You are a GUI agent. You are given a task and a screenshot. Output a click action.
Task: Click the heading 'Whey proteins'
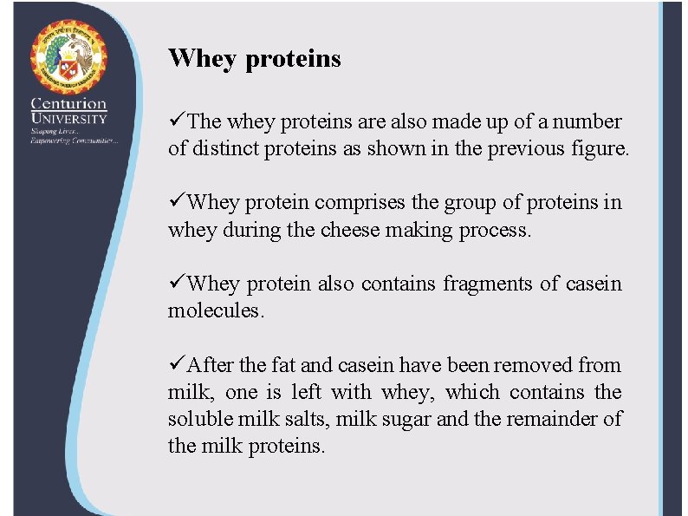pyautogui.click(x=255, y=59)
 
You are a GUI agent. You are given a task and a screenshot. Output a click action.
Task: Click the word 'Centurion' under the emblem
pyautogui.click(x=69, y=103)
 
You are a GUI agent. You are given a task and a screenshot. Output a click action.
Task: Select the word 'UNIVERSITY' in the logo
pyautogui.click(x=69, y=118)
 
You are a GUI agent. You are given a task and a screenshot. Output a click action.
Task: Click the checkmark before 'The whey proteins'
pyautogui.click(x=177, y=121)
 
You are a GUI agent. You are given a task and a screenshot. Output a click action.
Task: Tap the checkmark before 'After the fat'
pyautogui.click(x=177, y=364)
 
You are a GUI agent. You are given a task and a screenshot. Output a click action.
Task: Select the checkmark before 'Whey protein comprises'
pyautogui.click(x=177, y=202)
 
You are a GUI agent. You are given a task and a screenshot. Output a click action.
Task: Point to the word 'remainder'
pyautogui.click(x=549, y=419)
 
